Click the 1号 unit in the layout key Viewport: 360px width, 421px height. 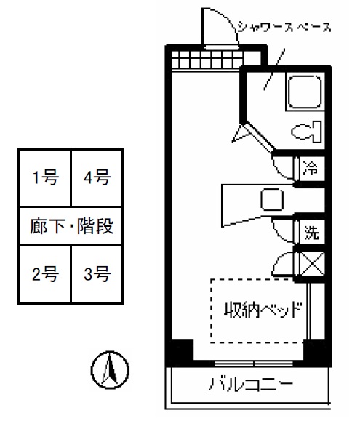point(45,177)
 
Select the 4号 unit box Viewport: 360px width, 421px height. point(97,177)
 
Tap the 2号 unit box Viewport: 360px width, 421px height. point(45,274)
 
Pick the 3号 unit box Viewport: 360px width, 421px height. point(97,274)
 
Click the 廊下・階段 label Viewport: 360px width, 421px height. point(71,226)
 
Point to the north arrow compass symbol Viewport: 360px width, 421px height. point(110,369)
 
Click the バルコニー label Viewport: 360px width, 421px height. point(250,384)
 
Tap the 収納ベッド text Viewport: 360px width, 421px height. point(263,310)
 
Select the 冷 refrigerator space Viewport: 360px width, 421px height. point(311,169)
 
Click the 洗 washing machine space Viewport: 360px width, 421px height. point(311,232)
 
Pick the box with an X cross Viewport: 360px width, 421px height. point(312,264)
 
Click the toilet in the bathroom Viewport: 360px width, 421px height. point(307,132)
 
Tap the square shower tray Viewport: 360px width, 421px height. point(305,92)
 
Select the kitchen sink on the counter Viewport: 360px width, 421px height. point(272,199)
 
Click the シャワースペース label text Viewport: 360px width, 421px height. point(284,28)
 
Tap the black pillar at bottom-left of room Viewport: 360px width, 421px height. point(183,350)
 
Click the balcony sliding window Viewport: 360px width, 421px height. point(254,364)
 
